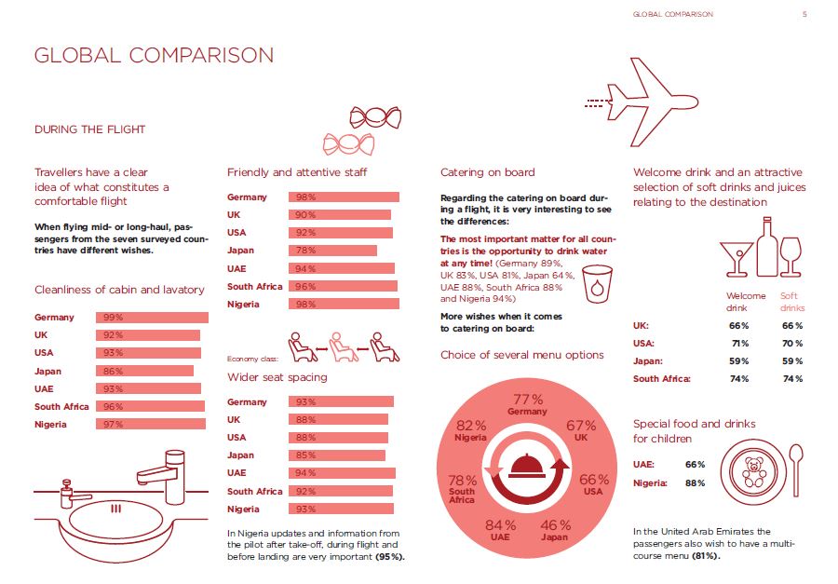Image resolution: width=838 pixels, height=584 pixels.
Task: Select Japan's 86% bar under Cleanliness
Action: tap(144, 371)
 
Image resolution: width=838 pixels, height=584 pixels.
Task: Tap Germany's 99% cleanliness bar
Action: tap(152, 318)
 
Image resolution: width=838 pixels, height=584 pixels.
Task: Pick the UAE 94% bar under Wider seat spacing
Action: tap(343, 473)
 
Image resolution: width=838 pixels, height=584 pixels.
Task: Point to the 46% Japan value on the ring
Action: tap(556, 530)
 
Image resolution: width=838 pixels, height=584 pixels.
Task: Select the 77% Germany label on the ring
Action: tap(528, 404)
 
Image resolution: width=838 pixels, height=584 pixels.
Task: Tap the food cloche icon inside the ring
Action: tap(527, 464)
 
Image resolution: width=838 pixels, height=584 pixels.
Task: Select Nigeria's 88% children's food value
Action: tap(695, 482)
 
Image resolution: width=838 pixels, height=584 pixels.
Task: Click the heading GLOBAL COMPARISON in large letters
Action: tap(154, 55)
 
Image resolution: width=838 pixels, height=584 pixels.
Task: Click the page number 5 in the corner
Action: tap(804, 14)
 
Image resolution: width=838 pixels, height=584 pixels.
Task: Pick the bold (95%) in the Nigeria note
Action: tap(390, 557)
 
